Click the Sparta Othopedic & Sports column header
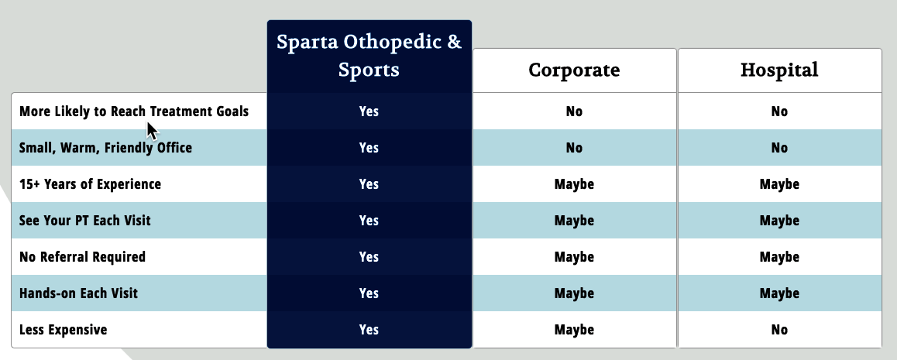pos(369,56)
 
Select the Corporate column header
pos(574,70)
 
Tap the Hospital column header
pos(779,70)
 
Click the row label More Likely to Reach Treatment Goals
pos(134,111)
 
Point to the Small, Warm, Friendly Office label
pos(105,147)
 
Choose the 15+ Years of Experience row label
pos(90,184)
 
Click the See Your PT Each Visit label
pos(84,221)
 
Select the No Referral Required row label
pos(82,257)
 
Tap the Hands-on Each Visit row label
pos(78,293)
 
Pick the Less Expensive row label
pos(63,330)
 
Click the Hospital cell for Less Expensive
pos(779,330)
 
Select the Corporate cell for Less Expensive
pos(574,330)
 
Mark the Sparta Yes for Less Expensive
pos(369,330)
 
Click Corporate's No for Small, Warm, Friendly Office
pos(574,147)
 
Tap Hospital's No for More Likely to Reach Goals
pos(779,111)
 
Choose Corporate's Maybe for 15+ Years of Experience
pos(574,184)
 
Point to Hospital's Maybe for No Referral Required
pos(779,257)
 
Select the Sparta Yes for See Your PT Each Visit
pos(369,221)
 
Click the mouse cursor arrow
pos(152,131)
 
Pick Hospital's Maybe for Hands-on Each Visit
pos(779,293)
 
